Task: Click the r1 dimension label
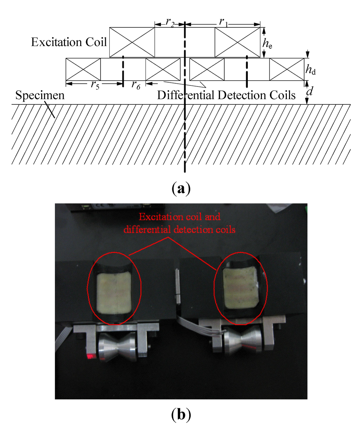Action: coord(223,22)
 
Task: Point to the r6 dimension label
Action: coord(136,85)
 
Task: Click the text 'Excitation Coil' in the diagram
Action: coord(69,43)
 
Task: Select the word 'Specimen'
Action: coord(40,96)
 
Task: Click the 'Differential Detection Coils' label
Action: coord(226,95)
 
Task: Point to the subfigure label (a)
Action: coord(181,189)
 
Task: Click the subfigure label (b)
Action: coord(181,415)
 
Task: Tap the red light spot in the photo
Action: coord(91,357)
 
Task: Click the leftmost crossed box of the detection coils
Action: coord(83,69)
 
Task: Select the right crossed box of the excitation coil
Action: coord(237,42)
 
